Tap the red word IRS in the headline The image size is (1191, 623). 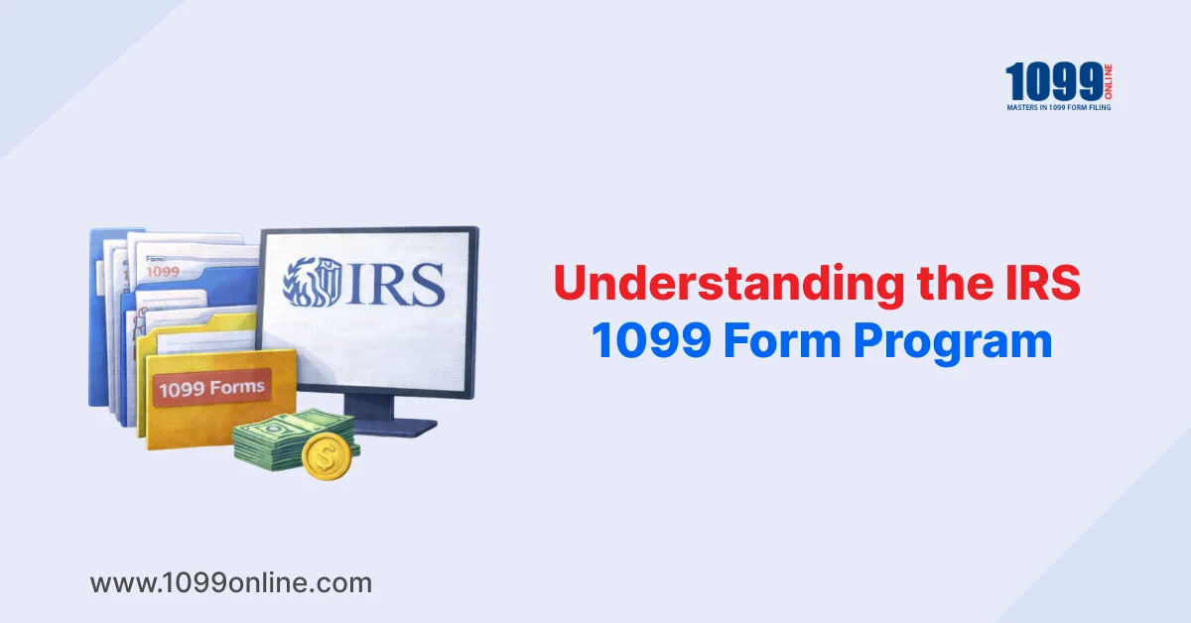1043,282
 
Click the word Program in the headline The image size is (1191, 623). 953,343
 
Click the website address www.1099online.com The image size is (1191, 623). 230,583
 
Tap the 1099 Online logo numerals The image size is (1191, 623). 1054,81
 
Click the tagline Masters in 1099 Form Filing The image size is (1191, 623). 1059,107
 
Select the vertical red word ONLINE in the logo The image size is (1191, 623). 1108,81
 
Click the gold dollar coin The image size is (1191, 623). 327,456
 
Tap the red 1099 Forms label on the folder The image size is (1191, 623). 212,388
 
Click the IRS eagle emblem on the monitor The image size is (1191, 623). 312,282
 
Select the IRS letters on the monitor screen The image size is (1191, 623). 395,284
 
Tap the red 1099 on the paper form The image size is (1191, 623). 163,272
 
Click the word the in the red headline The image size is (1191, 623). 955,282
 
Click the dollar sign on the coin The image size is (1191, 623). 326,456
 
